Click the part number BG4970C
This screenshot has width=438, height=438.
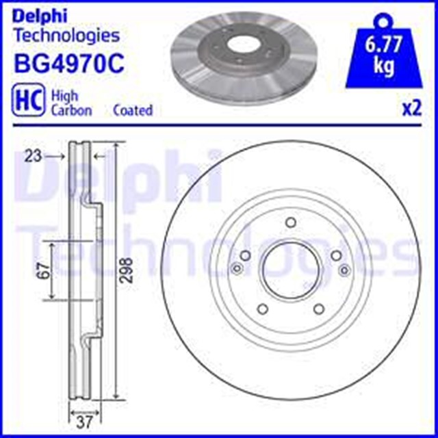(x=69, y=64)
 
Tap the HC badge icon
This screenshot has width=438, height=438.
(x=29, y=101)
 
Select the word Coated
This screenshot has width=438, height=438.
(x=133, y=110)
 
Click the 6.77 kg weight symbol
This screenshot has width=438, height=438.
(x=383, y=49)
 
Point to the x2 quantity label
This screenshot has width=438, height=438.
(x=411, y=109)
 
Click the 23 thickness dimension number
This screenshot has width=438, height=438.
(x=33, y=156)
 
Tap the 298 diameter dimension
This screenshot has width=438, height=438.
(x=127, y=270)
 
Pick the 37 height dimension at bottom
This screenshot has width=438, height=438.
(x=84, y=422)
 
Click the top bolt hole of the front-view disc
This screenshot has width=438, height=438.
(x=291, y=222)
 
